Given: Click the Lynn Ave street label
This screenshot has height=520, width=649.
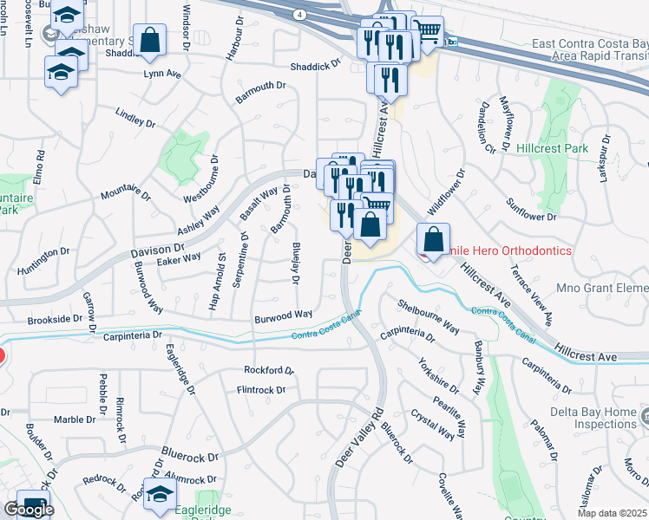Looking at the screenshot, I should click(x=162, y=75).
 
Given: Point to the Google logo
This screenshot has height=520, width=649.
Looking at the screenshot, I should click(x=29, y=510).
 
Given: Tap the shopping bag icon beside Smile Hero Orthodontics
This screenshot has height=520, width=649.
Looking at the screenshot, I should click(x=433, y=238).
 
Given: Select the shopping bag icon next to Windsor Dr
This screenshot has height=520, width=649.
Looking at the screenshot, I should click(x=150, y=40).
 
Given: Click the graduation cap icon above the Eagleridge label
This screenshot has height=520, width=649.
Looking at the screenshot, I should click(x=160, y=495).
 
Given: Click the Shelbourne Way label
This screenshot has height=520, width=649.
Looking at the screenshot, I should click(x=429, y=316).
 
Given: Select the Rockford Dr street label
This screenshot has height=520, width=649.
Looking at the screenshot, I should click(x=269, y=370).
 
